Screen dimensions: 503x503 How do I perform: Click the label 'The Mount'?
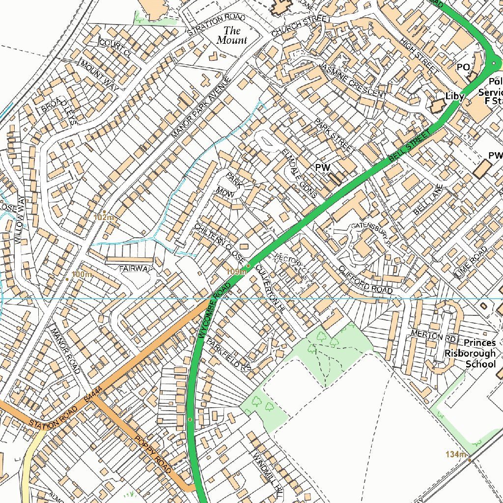tap(232, 35)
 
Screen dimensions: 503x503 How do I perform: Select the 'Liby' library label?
tap(454, 96)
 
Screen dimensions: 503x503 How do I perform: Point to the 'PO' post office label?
tap(463, 67)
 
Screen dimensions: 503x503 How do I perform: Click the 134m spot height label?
tap(455, 454)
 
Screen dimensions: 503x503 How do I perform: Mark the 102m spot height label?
tap(106, 217)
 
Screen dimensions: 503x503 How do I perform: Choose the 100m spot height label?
tap(82, 274)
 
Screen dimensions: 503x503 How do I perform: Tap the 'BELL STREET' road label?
tap(409, 146)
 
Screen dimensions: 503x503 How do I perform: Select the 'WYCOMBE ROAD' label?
tap(215, 310)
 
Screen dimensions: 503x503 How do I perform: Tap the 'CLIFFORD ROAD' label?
tap(365, 280)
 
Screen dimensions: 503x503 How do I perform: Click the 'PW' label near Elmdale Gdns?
tap(322, 168)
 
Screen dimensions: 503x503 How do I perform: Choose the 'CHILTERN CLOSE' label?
tap(219, 242)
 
